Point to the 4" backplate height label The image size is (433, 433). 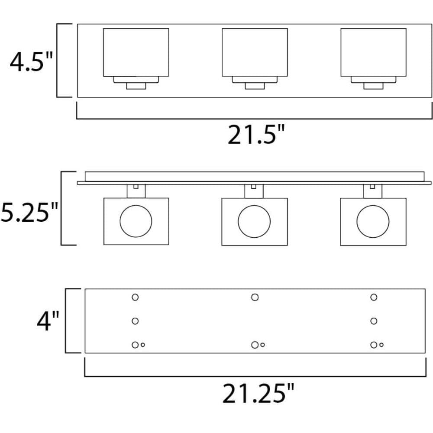[x=48, y=321]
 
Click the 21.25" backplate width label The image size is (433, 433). [x=258, y=393]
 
